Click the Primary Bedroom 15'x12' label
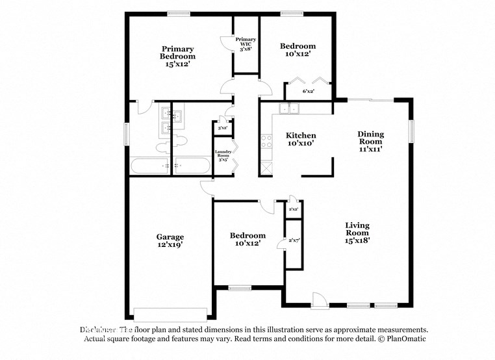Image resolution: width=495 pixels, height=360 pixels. pyautogui.click(x=178, y=57)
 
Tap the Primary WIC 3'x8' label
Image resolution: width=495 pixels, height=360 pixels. pyautogui.click(x=246, y=44)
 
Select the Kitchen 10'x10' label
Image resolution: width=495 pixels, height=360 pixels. pyautogui.click(x=301, y=140)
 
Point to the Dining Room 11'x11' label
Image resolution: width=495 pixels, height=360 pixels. pyautogui.click(x=370, y=141)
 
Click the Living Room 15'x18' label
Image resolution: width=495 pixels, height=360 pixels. pyautogui.click(x=357, y=233)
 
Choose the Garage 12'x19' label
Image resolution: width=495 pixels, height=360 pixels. pyautogui.click(x=170, y=240)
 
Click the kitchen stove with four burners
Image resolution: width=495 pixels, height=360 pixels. pyautogui.click(x=266, y=141)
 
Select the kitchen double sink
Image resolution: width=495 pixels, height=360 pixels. pyautogui.click(x=288, y=109)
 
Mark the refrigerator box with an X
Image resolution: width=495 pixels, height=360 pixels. pyautogui.click(x=266, y=168)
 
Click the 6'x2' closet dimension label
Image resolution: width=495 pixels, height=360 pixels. pyautogui.click(x=308, y=92)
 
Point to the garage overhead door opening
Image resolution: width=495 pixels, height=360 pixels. pyautogui.click(x=170, y=311)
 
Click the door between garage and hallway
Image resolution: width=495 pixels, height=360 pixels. pyautogui.click(x=207, y=186)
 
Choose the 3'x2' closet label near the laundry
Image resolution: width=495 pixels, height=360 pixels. pyautogui.click(x=222, y=128)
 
